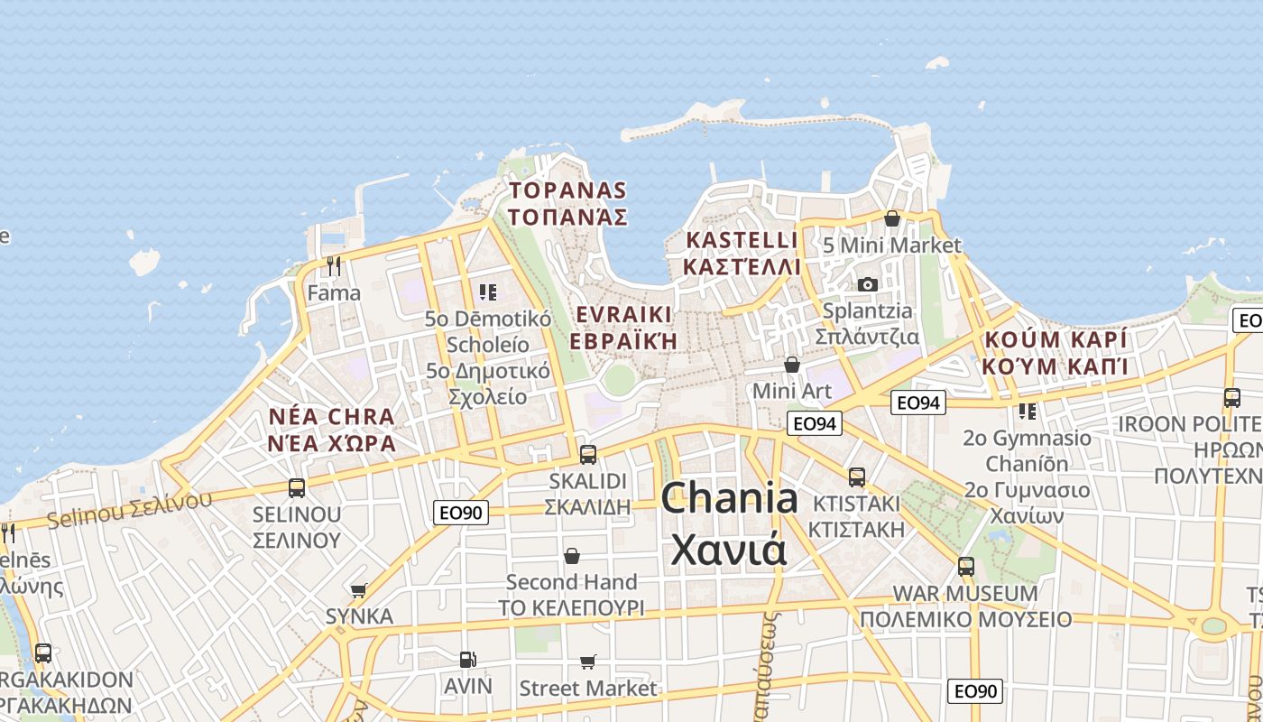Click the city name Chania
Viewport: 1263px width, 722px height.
[x=730, y=499]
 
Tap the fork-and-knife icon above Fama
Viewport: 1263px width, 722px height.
[x=334, y=265]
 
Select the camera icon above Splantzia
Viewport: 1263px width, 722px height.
[x=867, y=284]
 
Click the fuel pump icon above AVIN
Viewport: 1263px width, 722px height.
[x=467, y=660]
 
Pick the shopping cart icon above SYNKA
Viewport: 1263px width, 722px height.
[x=359, y=590]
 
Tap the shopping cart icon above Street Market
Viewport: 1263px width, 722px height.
[x=588, y=662]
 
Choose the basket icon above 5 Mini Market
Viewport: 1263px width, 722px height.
[x=892, y=218]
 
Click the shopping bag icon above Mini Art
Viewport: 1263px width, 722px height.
[x=791, y=365]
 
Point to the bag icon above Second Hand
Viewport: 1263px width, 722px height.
[x=571, y=555]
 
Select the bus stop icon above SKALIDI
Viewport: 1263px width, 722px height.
[x=587, y=454]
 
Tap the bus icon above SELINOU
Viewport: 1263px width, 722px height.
[x=296, y=488]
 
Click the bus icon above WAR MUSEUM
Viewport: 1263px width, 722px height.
[x=966, y=567]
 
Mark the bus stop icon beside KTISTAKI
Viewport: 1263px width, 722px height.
[x=856, y=477]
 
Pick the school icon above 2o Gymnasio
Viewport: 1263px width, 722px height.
[x=1027, y=412]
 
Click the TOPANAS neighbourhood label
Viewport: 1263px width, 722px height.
[x=567, y=190]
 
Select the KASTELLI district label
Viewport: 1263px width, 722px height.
[x=742, y=241]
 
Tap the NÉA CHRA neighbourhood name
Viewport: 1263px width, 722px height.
[x=332, y=417]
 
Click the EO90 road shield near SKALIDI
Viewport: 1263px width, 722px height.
[x=461, y=513]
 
